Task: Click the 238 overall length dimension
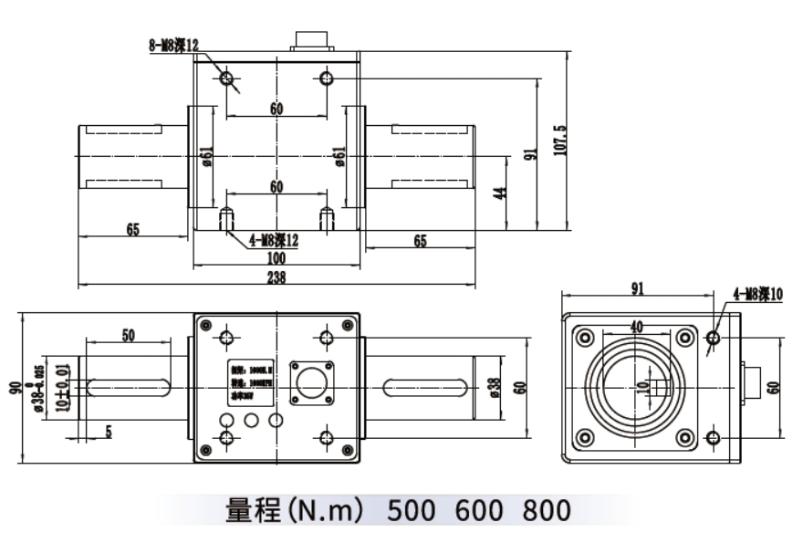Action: coord(276,279)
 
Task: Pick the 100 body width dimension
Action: coord(276,260)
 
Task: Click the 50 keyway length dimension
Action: coord(128,335)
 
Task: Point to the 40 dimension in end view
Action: coord(637,326)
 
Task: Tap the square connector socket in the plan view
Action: coord(311,381)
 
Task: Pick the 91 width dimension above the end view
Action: coord(637,288)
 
